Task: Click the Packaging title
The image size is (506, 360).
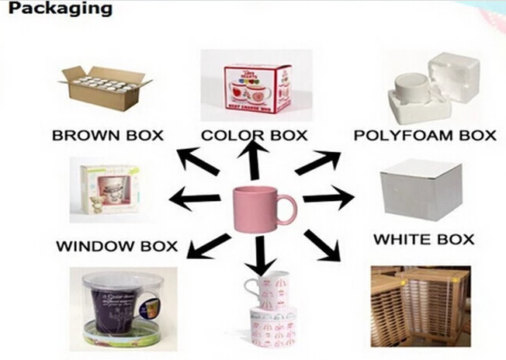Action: point(56,10)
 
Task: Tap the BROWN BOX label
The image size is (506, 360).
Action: point(107,135)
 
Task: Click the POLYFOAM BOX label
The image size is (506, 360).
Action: point(424,135)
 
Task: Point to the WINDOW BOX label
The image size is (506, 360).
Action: point(116,247)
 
